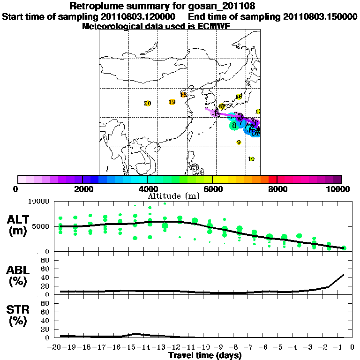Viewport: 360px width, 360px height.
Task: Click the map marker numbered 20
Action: click(148, 104)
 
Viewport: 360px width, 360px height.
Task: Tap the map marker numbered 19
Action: click(172, 102)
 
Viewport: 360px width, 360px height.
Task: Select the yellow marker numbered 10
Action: click(251, 159)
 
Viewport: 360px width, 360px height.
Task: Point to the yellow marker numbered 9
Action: click(239, 142)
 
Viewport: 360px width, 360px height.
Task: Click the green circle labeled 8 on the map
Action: click(234, 125)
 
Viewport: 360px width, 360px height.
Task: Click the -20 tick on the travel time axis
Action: click(56, 347)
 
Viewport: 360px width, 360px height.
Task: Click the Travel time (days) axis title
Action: click(205, 356)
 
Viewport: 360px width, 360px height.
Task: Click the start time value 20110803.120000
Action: click(139, 16)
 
